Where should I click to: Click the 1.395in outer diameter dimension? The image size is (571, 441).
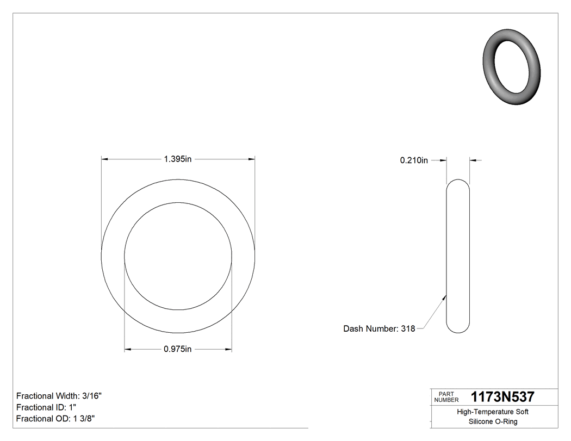(x=178, y=159)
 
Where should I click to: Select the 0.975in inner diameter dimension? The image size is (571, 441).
(x=178, y=349)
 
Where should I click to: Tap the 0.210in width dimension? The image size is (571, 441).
(x=414, y=160)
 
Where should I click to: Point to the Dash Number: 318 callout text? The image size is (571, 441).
(x=379, y=328)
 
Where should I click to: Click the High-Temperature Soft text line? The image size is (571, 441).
(x=492, y=412)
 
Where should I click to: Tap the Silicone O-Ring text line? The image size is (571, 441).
(x=492, y=421)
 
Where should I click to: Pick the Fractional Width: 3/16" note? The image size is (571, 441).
(x=59, y=396)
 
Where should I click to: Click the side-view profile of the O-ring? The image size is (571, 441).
(x=458, y=256)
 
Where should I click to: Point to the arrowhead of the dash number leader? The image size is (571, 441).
(x=445, y=297)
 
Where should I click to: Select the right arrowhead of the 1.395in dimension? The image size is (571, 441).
(x=252, y=159)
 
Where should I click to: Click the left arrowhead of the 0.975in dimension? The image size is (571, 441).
(x=128, y=349)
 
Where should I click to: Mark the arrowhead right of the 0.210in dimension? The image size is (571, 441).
(x=473, y=160)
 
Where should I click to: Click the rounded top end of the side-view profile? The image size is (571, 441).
(x=458, y=182)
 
